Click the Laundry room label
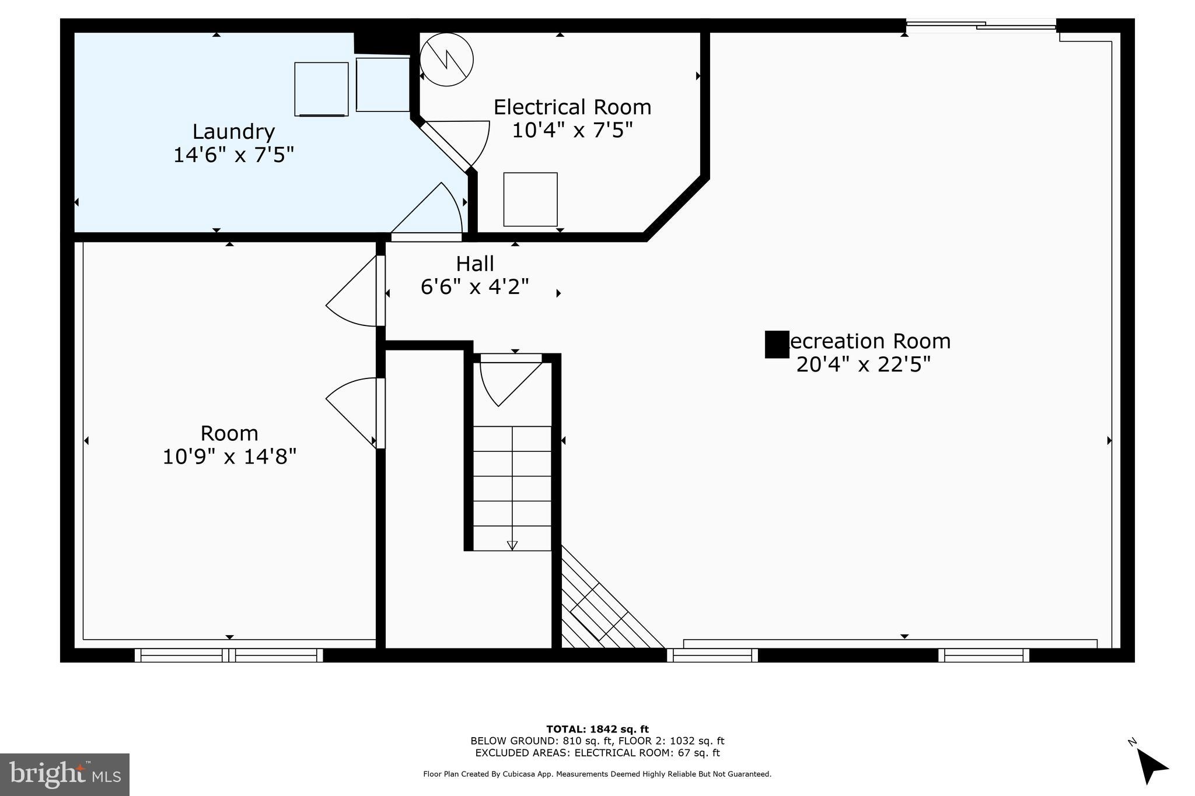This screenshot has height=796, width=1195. (x=233, y=132)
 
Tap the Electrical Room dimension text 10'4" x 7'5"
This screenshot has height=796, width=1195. (x=572, y=130)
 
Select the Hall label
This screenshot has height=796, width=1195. (x=474, y=264)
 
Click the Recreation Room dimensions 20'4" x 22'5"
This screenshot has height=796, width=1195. (x=863, y=364)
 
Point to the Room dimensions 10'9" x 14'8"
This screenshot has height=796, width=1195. (x=229, y=457)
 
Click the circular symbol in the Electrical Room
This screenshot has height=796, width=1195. (x=446, y=59)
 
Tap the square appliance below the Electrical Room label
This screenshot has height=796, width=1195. (x=530, y=199)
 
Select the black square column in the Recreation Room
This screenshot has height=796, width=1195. (x=777, y=344)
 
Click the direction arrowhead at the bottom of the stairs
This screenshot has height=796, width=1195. (x=512, y=545)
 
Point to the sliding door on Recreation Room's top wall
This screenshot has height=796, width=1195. (x=980, y=25)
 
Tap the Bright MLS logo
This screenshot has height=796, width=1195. (x=64, y=774)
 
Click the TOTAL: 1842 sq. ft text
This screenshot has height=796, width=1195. (x=597, y=729)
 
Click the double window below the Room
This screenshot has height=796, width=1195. (x=229, y=655)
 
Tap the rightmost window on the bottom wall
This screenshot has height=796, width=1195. (x=983, y=655)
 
